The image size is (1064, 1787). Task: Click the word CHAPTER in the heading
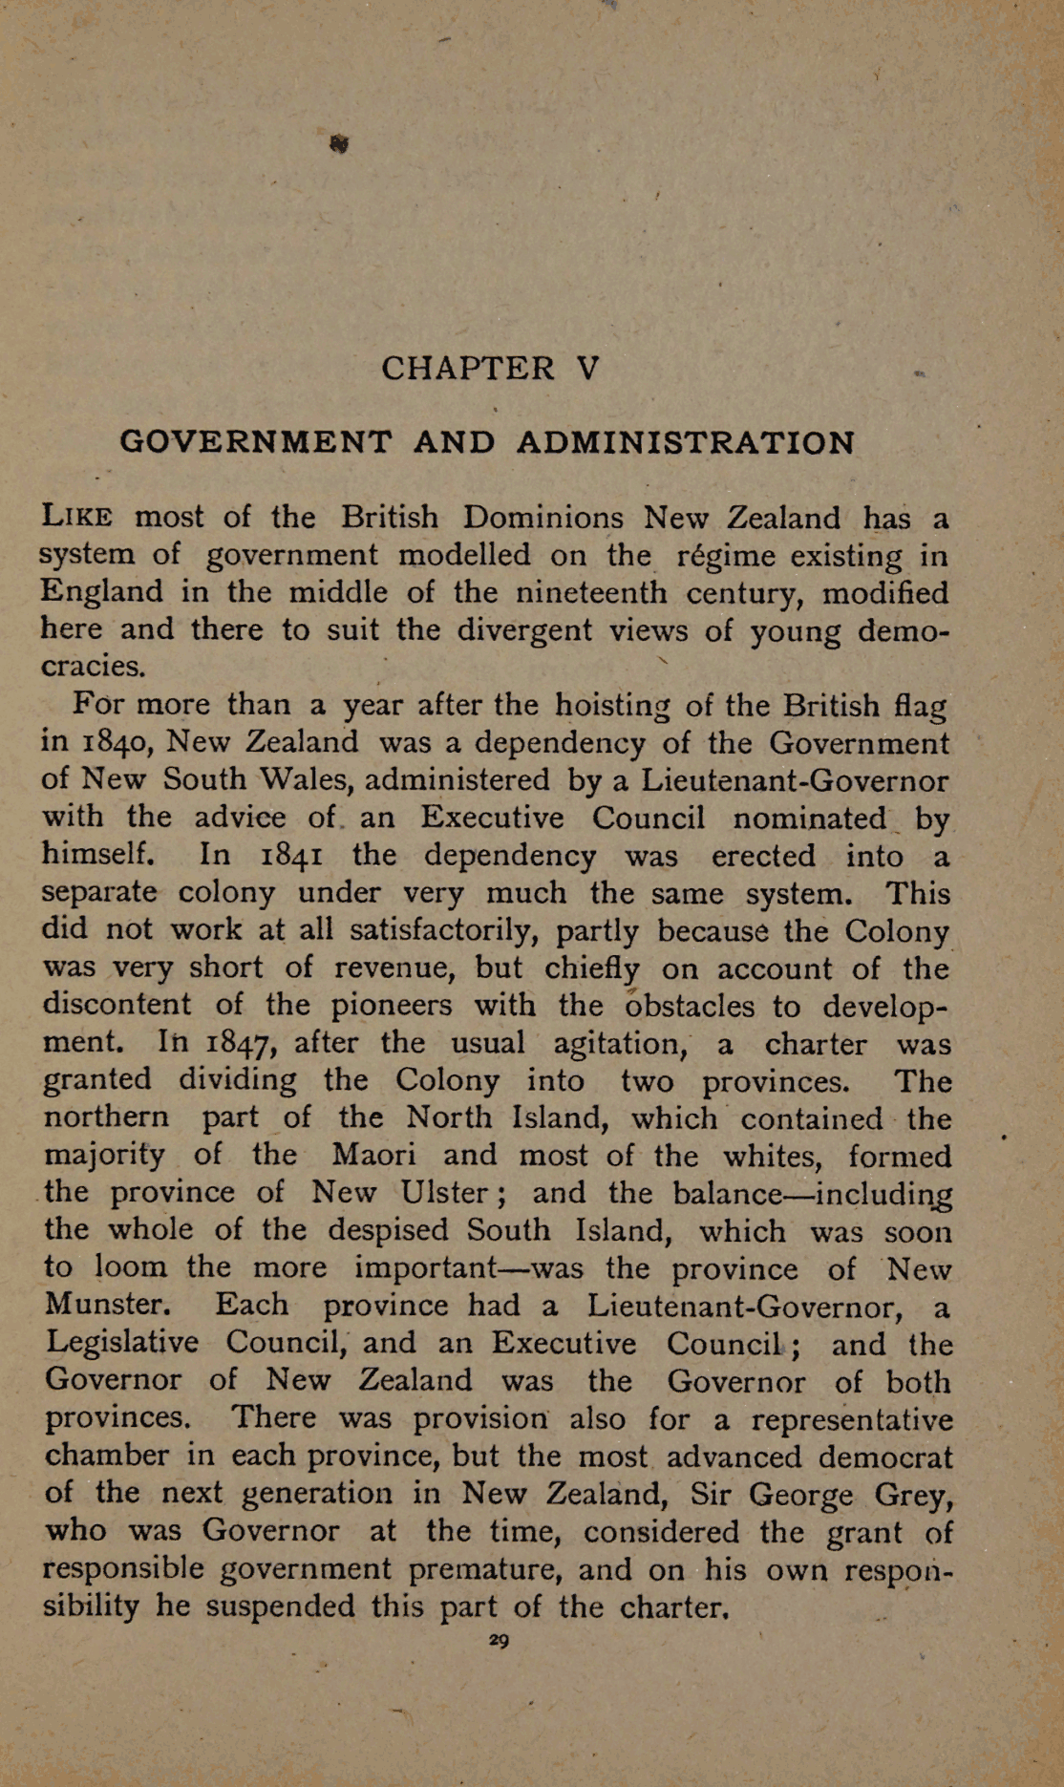tap(467, 368)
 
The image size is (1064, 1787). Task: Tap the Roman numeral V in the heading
tap(588, 368)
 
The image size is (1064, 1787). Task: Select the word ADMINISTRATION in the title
tap(685, 443)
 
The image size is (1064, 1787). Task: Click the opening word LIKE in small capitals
tap(77, 518)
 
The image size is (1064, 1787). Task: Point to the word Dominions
tap(543, 518)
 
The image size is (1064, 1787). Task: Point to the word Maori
tap(373, 1155)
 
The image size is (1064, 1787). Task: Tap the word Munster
tap(107, 1305)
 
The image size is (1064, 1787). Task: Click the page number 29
tap(499, 1640)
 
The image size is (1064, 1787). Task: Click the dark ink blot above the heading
tap(339, 144)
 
